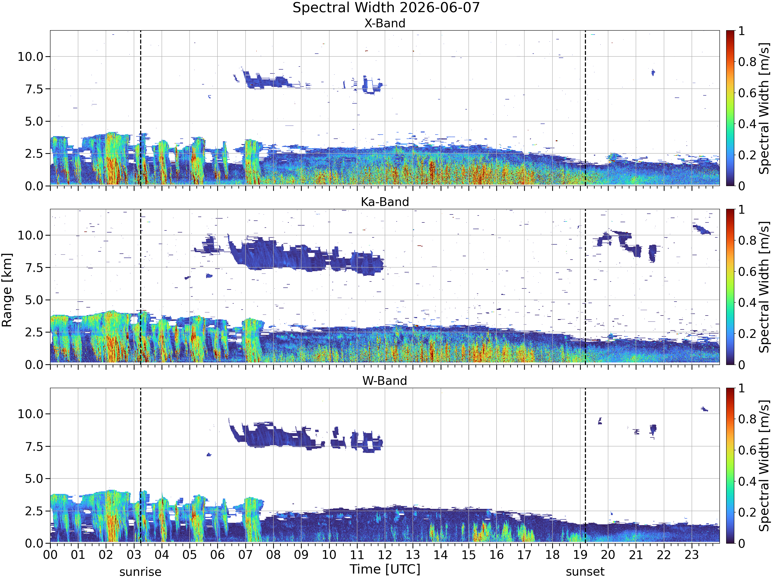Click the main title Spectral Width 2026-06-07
click(x=386, y=8)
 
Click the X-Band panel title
click(x=385, y=23)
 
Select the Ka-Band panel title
click(x=385, y=202)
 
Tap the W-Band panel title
click(x=385, y=381)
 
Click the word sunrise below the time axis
click(x=140, y=572)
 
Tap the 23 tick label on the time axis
click(x=692, y=555)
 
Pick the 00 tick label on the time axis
click(x=50, y=555)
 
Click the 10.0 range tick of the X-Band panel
click(x=30, y=57)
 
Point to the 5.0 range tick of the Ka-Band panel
click(x=34, y=300)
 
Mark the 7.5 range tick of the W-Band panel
click(x=34, y=446)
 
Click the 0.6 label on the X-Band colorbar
click(x=747, y=93)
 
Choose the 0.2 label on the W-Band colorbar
click(x=747, y=512)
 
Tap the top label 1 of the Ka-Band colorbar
click(x=742, y=210)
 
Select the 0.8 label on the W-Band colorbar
click(x=747, y=419)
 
